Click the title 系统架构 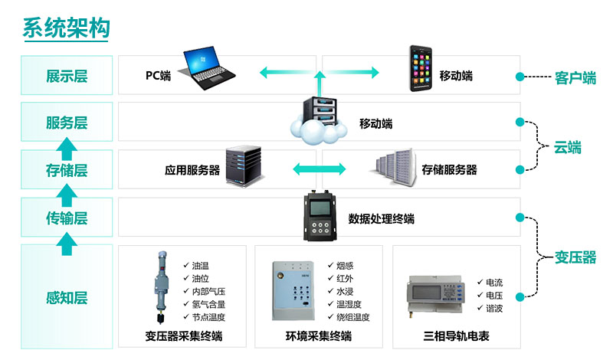pos(66,28)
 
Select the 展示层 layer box pos(67,76)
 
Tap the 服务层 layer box pos(67,123)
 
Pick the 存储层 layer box pos(67,170)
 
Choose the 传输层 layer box pos(67,218)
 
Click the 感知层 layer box pos(67,296)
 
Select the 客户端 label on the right pos(575,77)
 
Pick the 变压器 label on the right pos(575,257)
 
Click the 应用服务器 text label pos(192,170)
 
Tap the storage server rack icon pos(393,169)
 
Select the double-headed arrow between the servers pos(315,169)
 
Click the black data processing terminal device pos(322,216)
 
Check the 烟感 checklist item pos(345,265)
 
